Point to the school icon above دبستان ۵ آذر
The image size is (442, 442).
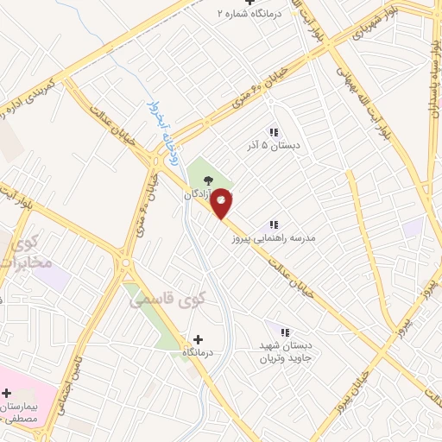pyautogui.click(x=274, y=132)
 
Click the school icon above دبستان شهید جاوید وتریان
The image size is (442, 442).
pyautogui.click(x=286, y=331)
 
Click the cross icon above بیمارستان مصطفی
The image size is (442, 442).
pyautogui.click(x=7, y=393)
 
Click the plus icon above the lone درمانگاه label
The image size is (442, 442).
pyautogui.click(x=199, y=340)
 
